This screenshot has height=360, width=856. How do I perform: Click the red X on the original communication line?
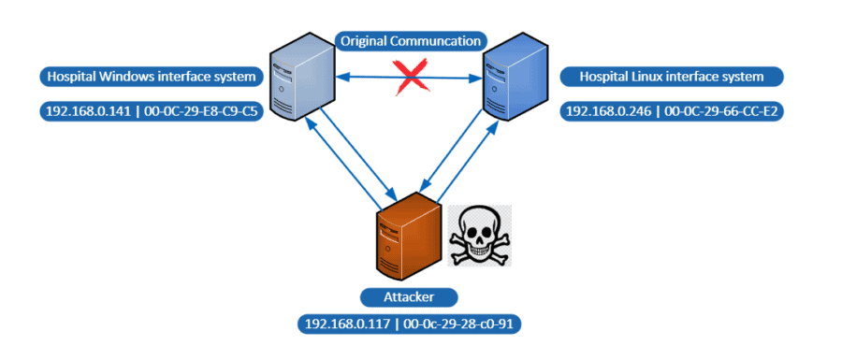(x=410, y=77)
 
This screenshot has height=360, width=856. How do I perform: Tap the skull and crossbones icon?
(x=480, y=232)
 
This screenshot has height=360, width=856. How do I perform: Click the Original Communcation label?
(x=412, y=40)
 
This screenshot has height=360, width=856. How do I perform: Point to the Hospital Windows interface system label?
(x=151, y=75)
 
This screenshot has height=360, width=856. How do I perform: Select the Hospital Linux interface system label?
(x=672, y=75)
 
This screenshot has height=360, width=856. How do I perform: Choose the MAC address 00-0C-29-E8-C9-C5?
(x=199, y=110)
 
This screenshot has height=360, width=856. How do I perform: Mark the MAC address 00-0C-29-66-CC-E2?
(x=720, y=110)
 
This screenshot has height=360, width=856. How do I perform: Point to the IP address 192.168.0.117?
(x=345, y=324)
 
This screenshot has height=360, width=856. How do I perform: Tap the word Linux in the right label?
(x=651, y=75)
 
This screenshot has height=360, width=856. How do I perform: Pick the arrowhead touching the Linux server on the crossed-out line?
(x=477, y=78)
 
